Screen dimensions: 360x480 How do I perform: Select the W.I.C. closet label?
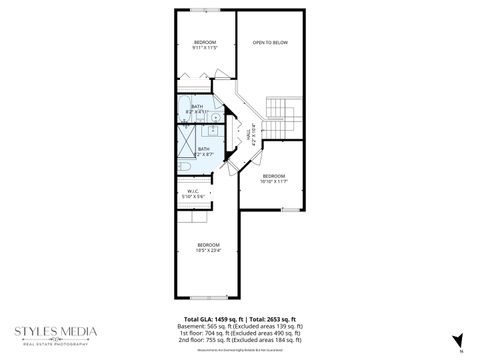coord(194,191)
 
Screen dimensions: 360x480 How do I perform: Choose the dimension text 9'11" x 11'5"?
coord(205,47)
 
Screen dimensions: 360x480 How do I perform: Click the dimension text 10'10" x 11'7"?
coord(274,181)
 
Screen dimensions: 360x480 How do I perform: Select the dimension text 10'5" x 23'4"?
coord(208,251)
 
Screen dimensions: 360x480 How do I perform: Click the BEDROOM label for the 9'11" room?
coord(205,41)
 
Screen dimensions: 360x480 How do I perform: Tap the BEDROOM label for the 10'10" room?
coord(274,175)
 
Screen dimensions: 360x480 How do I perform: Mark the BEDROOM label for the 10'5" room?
coord(208,245)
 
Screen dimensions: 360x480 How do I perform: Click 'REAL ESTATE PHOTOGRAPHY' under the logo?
coord(55,342)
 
